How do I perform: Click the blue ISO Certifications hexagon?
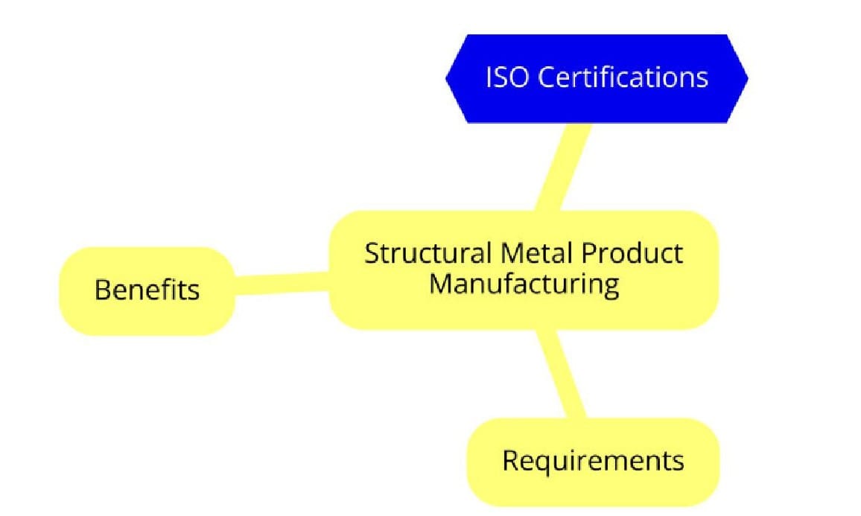click(x=596, y=78)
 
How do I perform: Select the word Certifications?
click(x=623, y=77)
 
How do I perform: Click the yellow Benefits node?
click(x=147, y=290)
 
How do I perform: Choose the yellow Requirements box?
click(x=593, y=462)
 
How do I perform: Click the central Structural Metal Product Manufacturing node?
click(x=524, y=269)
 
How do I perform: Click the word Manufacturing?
click(x=524, y=284)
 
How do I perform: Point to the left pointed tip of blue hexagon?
click(x=448, y=78)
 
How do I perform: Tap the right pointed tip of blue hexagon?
click(x=746, y=78)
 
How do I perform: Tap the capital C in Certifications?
click(x=545, y=77)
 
